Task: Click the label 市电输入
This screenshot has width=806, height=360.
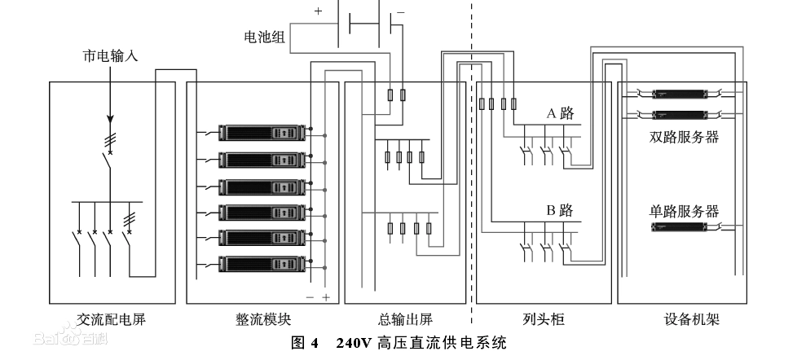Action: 111,57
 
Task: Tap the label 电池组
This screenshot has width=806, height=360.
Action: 265,37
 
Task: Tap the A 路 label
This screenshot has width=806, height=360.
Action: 561,114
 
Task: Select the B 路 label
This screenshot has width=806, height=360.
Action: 561,210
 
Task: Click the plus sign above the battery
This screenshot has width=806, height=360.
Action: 318,11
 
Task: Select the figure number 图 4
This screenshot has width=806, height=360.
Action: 306,342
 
